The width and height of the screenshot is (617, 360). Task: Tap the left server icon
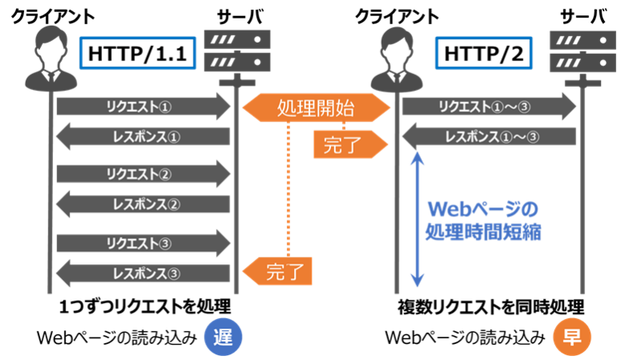click(x=236, y=53)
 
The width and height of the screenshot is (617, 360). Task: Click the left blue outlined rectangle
click(x=137, y=53)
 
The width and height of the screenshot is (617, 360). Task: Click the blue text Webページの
click(x=482, y=210)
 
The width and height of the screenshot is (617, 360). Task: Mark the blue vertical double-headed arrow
click(x=416, y=221)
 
